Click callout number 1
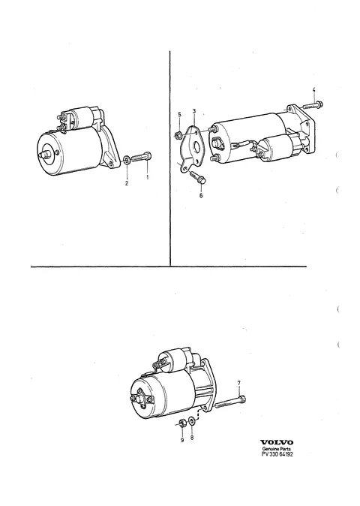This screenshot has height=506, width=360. pos(148,177)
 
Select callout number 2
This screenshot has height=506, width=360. pos(127,183)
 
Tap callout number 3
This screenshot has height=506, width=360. pos(194,111)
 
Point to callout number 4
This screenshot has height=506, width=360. pos(314,90)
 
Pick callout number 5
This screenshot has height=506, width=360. pos(179,115)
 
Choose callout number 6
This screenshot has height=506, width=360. pos(201,195)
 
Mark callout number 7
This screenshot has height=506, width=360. pos(238,383)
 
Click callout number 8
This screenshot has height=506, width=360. pos(192,438)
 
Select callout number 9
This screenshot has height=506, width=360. pos(182,440)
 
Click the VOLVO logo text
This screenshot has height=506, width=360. pos(277,442)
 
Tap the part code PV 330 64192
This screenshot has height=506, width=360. pos(277,454)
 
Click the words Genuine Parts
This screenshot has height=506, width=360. pos(276,449)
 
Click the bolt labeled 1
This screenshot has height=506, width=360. pos(142,158)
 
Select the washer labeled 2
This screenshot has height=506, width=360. pos(127,159)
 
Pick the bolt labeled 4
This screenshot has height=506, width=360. pos(313,105)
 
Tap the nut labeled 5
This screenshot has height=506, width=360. pos(177,135)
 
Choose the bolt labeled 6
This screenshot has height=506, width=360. pos(197,177)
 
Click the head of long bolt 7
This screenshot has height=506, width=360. pos(242,399)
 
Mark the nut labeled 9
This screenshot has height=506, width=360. pos(181,422)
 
